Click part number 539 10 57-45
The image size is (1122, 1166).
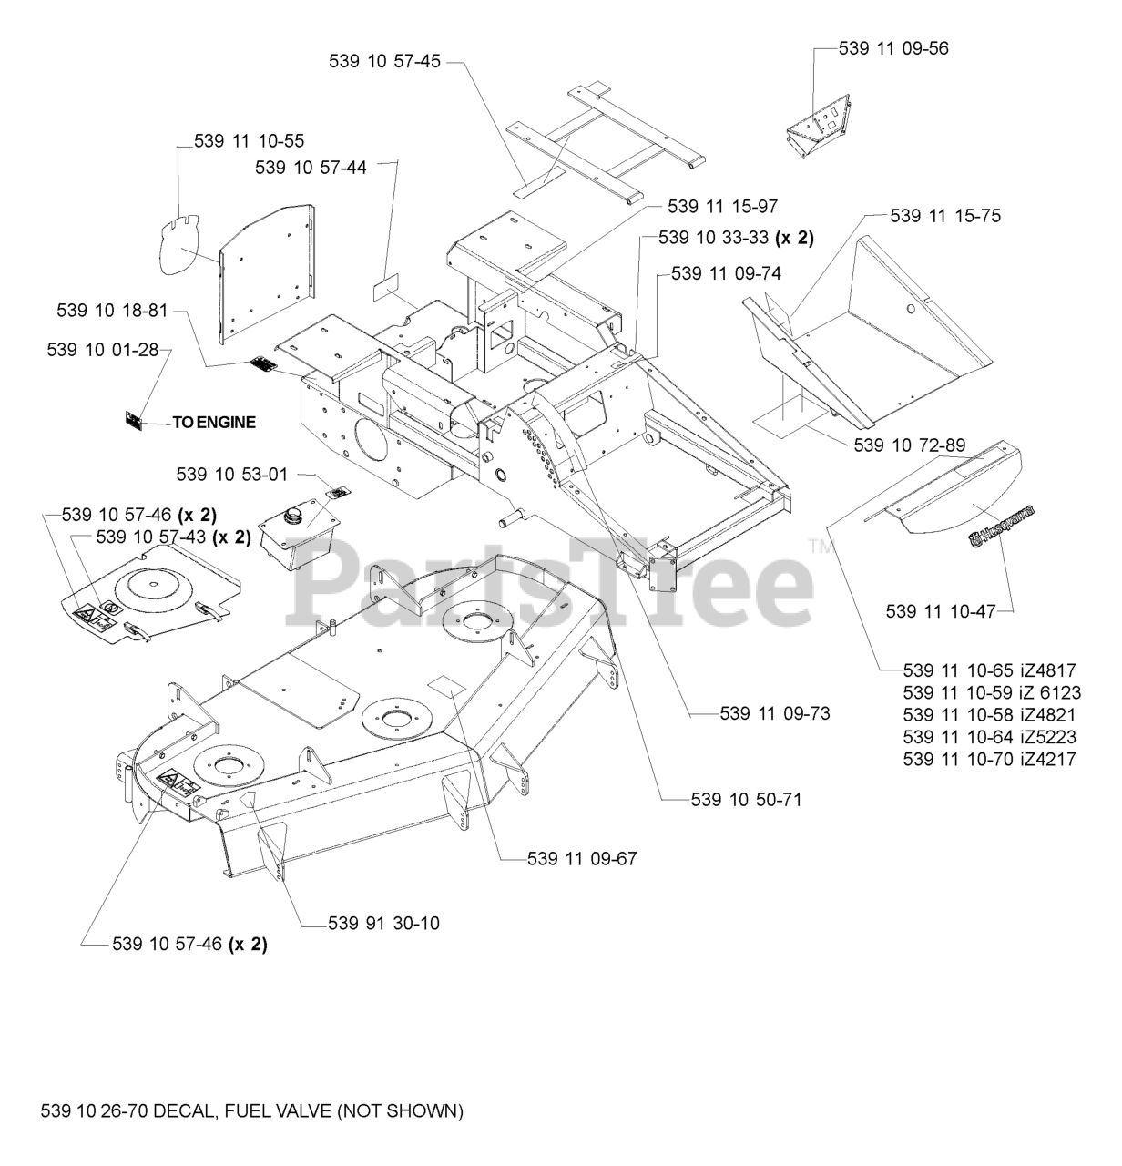(384, 61)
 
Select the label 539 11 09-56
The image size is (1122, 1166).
(893, 48)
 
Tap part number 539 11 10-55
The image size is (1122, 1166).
(250, 141)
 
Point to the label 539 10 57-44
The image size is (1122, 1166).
(311, 168)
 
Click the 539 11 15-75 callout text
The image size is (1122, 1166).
(945, 216)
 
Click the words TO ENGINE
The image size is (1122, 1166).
(214, 422)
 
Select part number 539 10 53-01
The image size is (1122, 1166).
(232, 475)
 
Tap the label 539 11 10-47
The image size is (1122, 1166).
(941, 611)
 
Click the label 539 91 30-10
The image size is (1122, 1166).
(384, 923)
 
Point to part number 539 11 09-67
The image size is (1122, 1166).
(582, 858)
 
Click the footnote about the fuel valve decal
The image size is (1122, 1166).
(252, 1110)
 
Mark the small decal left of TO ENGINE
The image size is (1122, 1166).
(134, 421)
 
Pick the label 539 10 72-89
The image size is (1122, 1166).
(910, 445)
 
